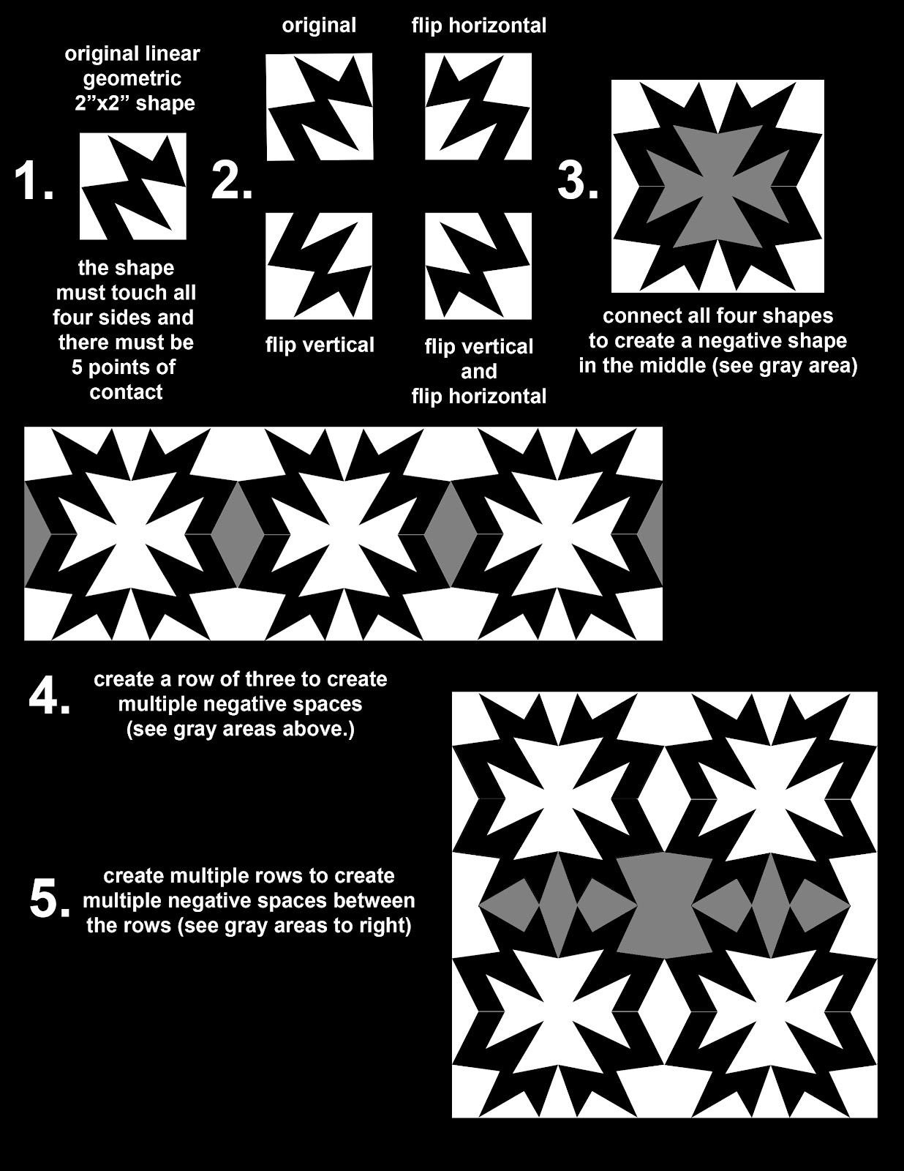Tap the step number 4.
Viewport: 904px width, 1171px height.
click(49, 698)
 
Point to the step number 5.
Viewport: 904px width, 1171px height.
click(49, 899)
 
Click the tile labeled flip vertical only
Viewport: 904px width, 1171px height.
click(319, 266)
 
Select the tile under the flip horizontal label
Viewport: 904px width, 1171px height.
click(478, 107)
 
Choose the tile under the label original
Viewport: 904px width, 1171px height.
click(319, 107)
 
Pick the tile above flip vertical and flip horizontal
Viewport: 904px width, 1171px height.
click(478, 266)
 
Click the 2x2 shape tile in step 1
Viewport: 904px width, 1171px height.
click(132, 186)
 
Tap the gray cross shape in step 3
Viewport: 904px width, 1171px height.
click(717, 186)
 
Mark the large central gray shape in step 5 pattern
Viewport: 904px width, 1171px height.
click(664, 906)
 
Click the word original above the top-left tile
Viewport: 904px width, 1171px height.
click(319, 26)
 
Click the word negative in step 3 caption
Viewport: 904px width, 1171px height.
click(737, 341)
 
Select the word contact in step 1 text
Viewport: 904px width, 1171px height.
click(126, 392)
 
